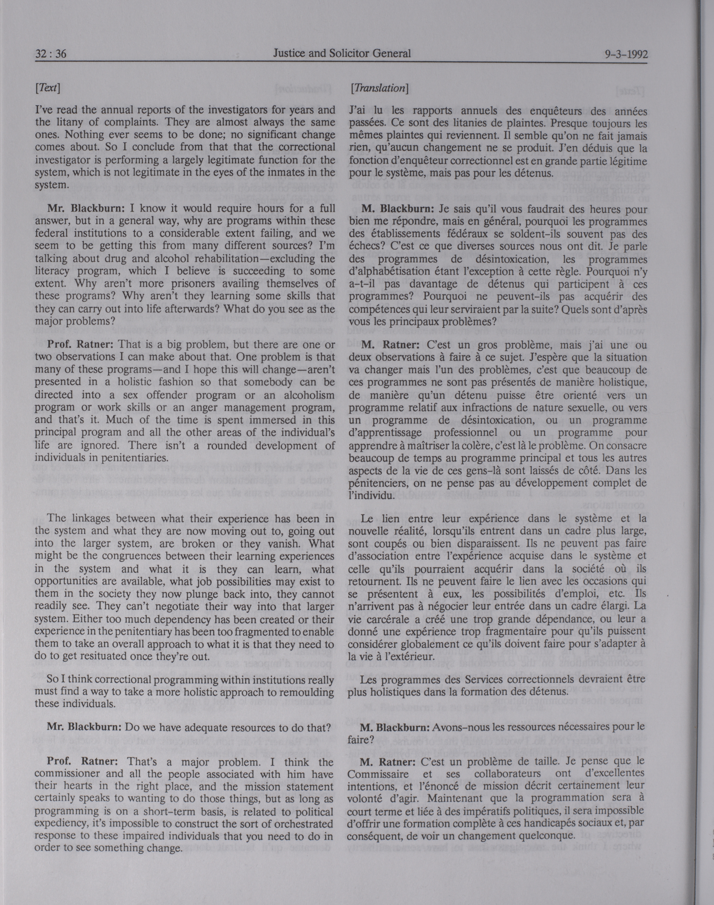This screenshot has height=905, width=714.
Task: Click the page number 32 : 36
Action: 51,54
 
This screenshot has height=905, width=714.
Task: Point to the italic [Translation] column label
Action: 379,88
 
